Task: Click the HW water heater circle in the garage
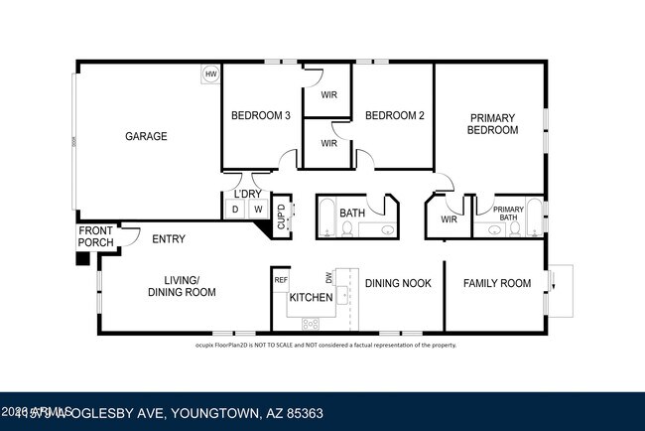(210, 74)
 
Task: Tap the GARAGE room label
(146, 136)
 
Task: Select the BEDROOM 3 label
(260, 116)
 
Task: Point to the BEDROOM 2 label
(395, 116)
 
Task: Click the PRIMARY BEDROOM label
(492, 123)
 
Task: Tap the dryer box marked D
(235, 209)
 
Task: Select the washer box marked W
(257, 209)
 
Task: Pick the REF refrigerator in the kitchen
(281, 280)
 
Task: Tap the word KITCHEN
(311, 298)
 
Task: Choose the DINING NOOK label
(398, 283)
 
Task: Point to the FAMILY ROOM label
(497, 283)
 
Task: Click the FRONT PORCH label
(96, 237)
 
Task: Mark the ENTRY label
(169, 238)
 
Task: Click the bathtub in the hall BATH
(326, 217)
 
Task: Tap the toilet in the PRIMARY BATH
(515, 228)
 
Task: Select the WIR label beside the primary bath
(449, 218)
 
